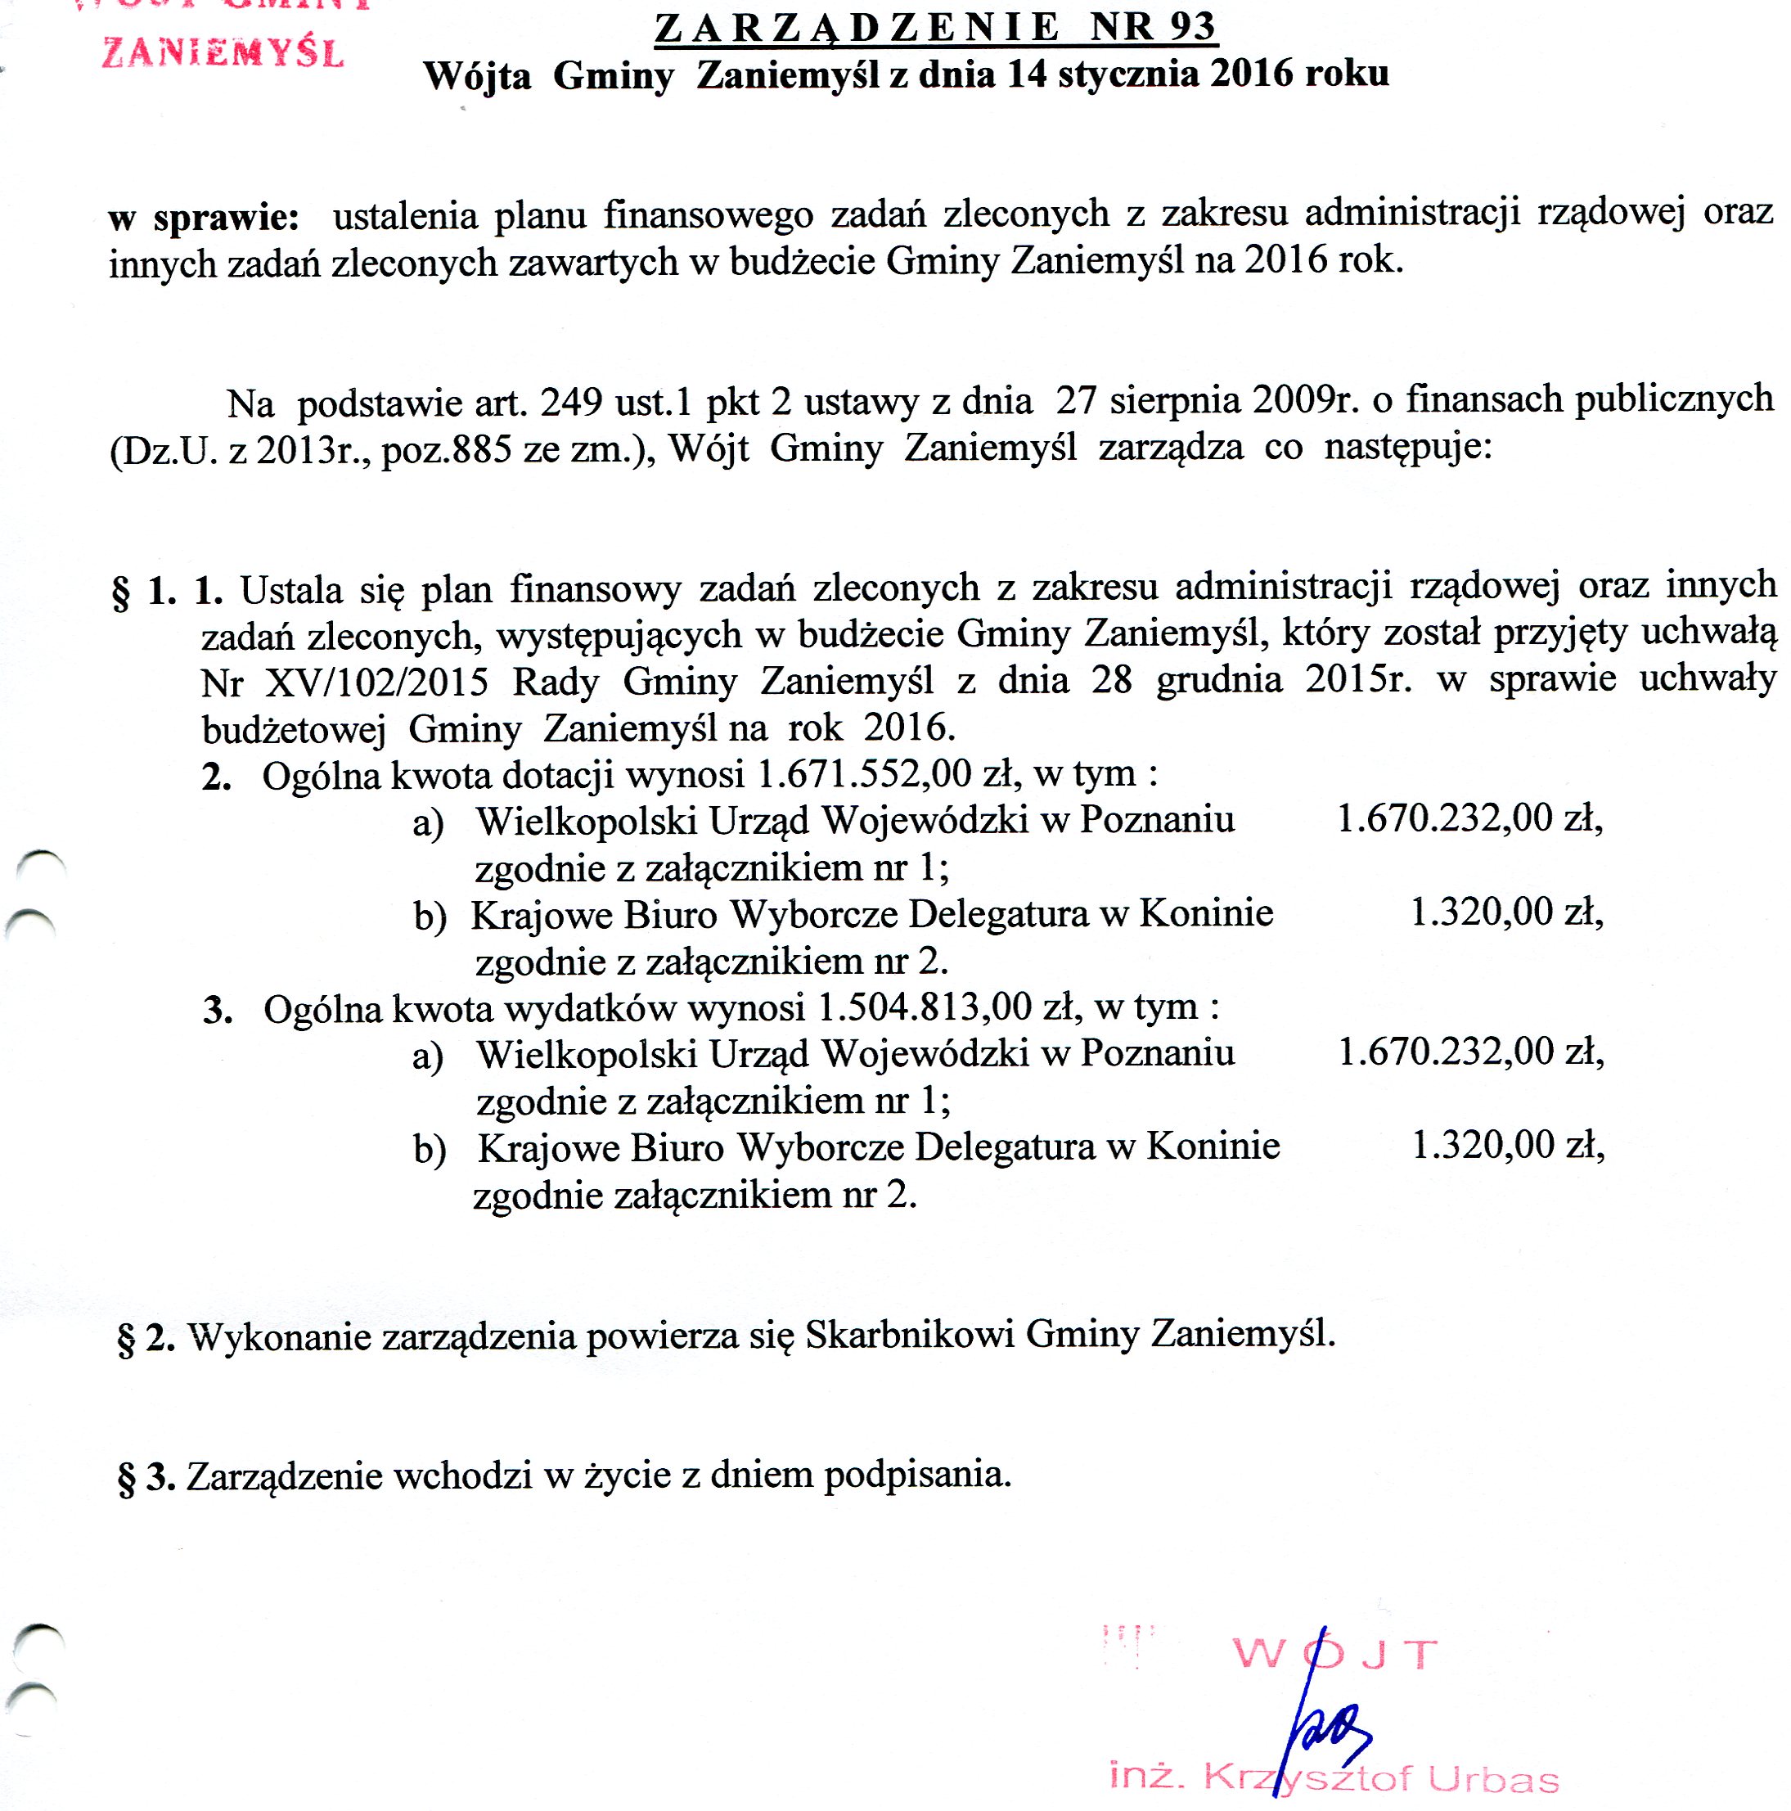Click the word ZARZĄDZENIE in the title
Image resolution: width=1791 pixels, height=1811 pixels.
pos(857,29)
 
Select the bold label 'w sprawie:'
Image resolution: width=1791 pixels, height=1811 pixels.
pos(204,218)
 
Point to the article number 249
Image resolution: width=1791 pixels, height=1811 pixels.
pos(571,402)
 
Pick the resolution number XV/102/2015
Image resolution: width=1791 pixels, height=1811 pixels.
pos(376,682)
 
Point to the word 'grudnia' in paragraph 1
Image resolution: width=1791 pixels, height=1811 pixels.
pos(1218,679)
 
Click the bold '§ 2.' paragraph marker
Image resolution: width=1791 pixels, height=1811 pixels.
pos(146,1338)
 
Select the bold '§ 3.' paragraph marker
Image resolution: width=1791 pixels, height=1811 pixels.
pos(146,1477)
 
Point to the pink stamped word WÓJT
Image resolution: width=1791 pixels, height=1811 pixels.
pos(1334,1655)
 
